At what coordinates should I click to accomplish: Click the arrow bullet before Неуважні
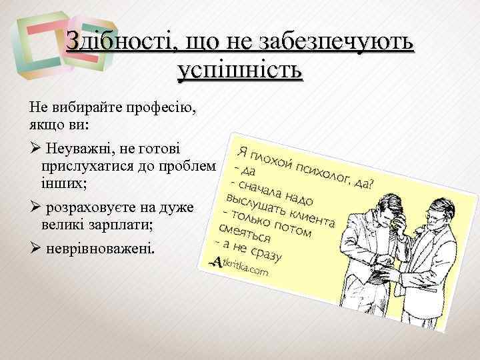pos(35,147)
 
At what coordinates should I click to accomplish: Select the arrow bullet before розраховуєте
pos(35,207)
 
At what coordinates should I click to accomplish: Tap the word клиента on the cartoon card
pos(313,217)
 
